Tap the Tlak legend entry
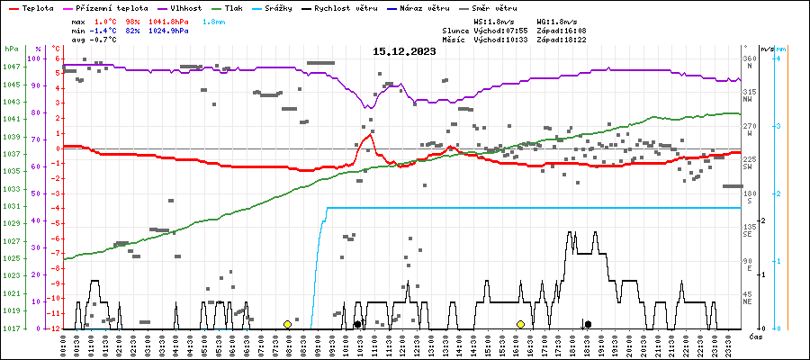[x=245, y=7]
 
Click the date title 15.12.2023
[x=404, y=51]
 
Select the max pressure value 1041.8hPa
[x=168, y=21]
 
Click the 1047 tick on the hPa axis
[x=11, y=67]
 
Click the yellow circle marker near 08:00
[x=287, y=324]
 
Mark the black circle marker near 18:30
[x=588, y=324]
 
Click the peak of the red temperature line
[x=371, y=135]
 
